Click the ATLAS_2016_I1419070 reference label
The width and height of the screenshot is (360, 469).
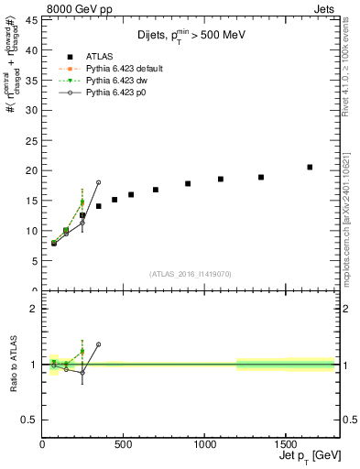(191, 273)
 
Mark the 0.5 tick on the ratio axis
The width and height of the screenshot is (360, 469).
(29, 420)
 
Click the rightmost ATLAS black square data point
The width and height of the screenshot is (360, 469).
(310, 167)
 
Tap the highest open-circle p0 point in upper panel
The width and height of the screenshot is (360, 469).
(99, 182)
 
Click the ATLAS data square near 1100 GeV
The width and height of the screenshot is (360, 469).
(221, 179)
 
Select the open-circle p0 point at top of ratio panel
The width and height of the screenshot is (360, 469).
(99, 344)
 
